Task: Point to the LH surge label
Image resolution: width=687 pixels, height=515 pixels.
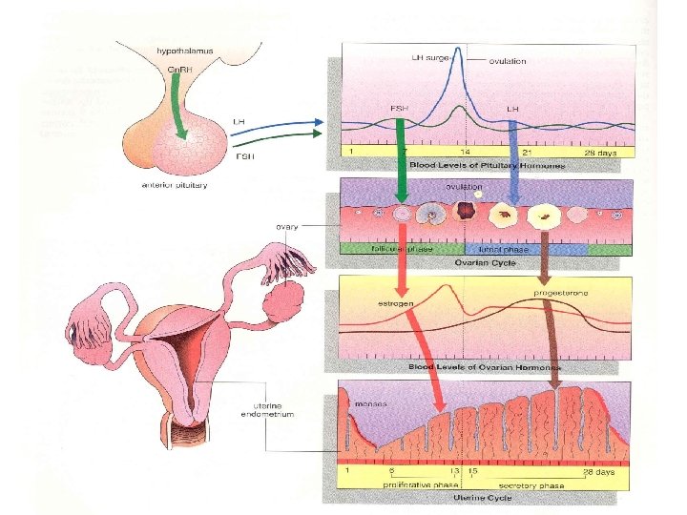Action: tap(431, 57)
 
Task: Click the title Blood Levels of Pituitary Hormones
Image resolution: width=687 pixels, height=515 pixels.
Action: tap(487, 165)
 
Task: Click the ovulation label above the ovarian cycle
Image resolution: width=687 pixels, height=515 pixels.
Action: tap(463, 188)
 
